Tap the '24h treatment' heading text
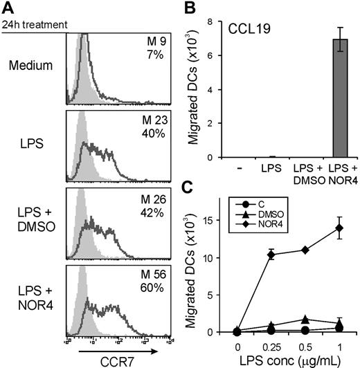pos(34,25)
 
